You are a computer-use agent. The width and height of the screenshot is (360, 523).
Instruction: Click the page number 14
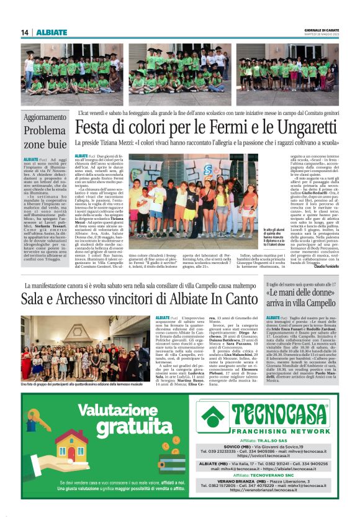[25, 32]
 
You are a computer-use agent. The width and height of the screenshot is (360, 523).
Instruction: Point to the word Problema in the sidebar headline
[45, 131]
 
